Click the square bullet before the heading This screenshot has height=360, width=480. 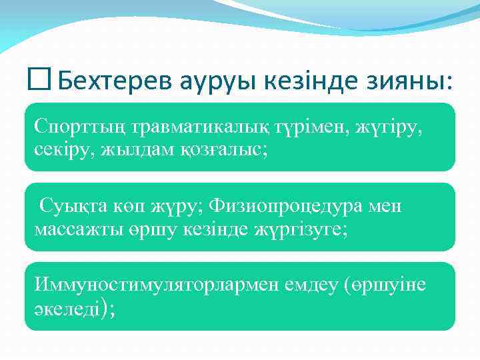click(39, 81)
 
